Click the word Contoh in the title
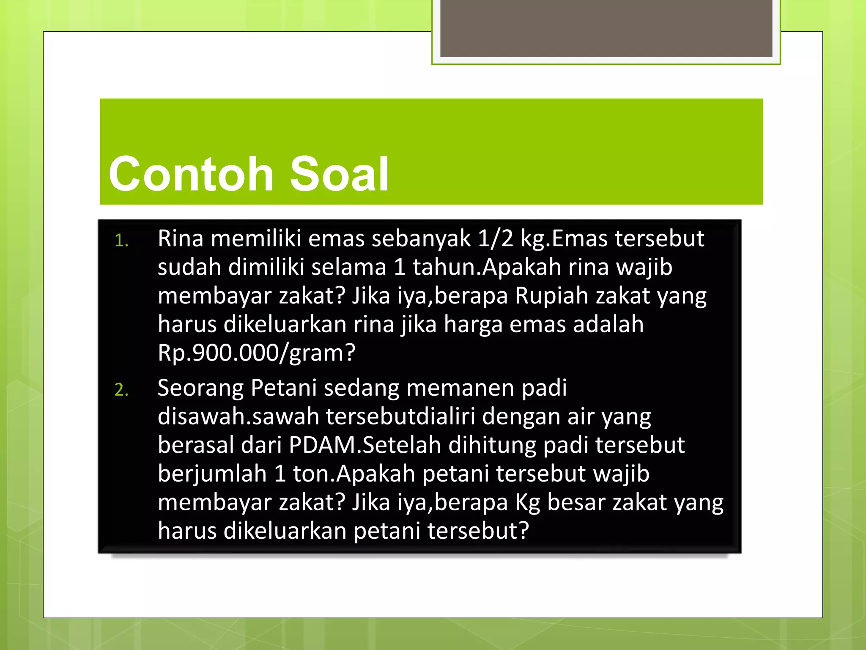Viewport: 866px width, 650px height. [191, 174]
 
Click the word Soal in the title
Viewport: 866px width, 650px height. [339, 174]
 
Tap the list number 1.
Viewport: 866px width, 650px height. [121, 241]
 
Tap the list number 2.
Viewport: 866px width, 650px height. [121, 390]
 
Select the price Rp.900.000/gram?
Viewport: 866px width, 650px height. [256, 353]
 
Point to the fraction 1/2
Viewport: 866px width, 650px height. [496, 239]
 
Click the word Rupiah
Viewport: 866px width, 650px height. [551, 296]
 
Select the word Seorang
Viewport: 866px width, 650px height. [200, 388]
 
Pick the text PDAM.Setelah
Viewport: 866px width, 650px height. [365, 445]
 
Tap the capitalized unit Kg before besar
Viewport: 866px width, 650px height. [527, 503]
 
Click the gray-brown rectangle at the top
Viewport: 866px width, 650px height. [606, 28]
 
